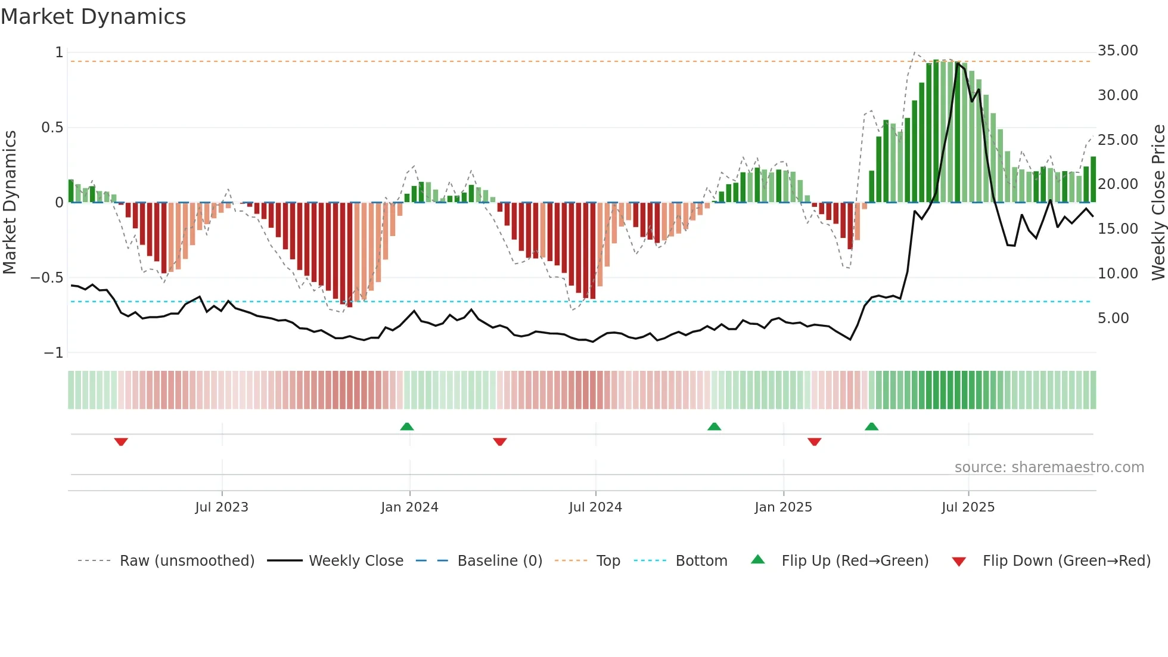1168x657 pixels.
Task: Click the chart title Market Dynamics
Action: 94,17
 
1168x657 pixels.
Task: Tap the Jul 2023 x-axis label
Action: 221,507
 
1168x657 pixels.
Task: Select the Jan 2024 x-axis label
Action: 409,507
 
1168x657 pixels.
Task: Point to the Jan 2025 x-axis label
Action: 783,507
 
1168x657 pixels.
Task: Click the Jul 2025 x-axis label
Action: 968,507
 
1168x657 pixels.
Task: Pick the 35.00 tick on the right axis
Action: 1117,51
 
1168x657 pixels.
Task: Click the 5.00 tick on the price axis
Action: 1113,318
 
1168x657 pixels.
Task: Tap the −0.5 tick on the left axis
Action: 46,278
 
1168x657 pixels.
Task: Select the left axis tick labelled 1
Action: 59,52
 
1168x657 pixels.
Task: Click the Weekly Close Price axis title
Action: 1158,202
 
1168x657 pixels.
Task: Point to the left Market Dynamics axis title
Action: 10,202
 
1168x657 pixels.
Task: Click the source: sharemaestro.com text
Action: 1049,467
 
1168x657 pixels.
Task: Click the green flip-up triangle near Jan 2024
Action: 407,426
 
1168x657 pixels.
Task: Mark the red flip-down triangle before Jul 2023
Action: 121,442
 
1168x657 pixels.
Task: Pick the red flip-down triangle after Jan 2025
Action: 815,442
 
